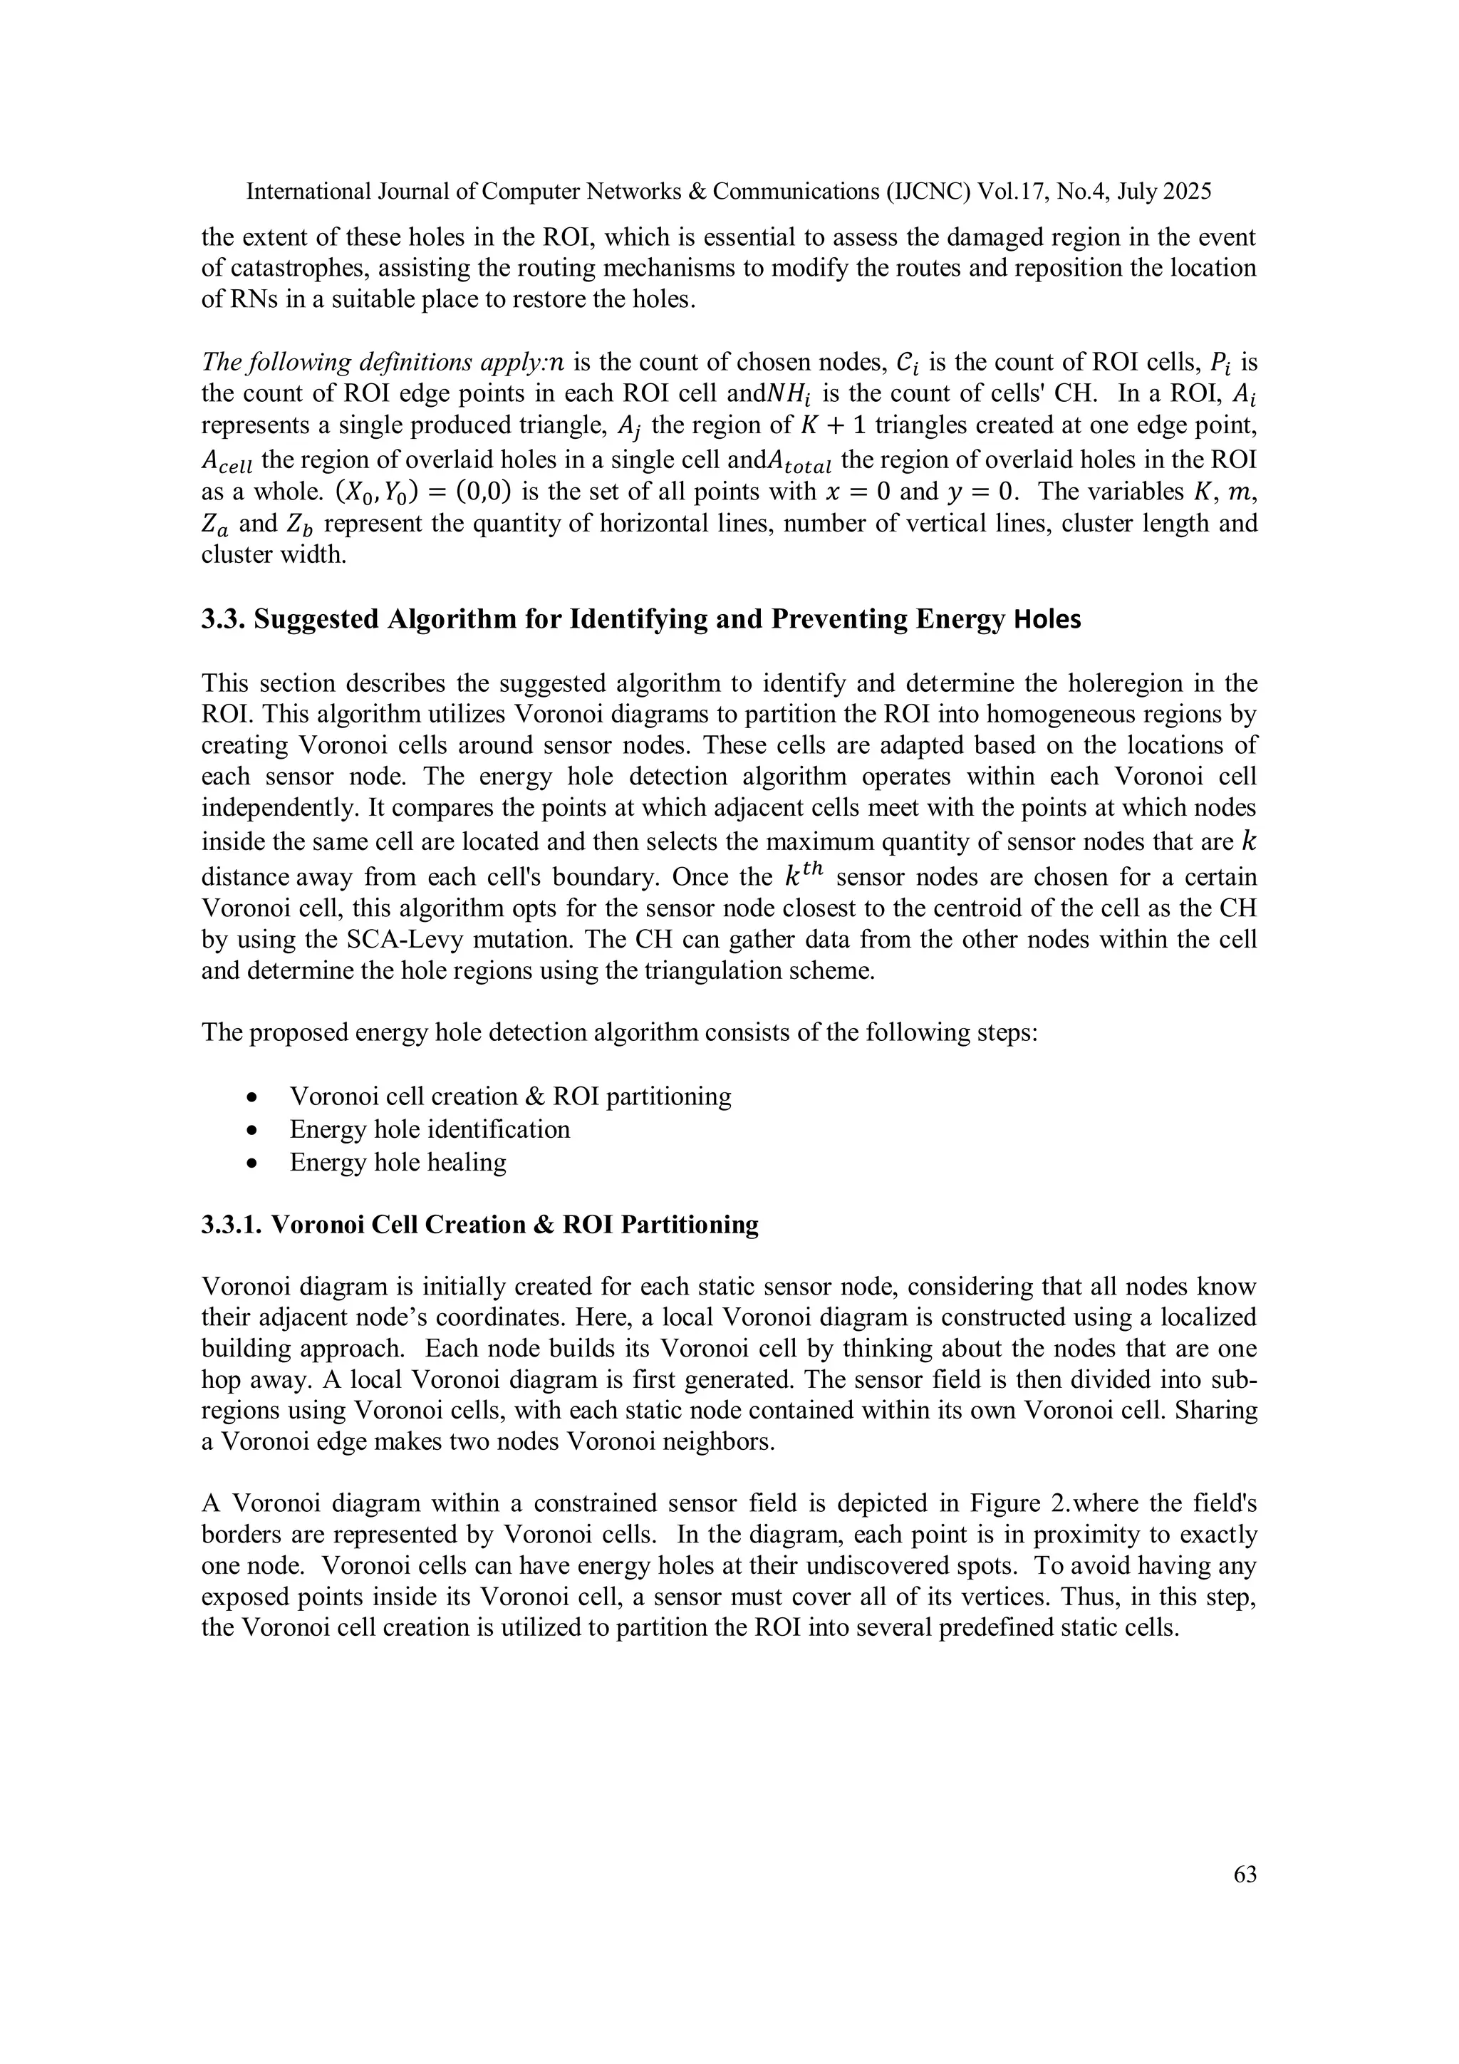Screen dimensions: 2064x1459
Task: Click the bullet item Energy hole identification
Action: [429, 1129]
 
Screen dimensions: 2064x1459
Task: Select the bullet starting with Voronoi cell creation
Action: [509, 1096]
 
